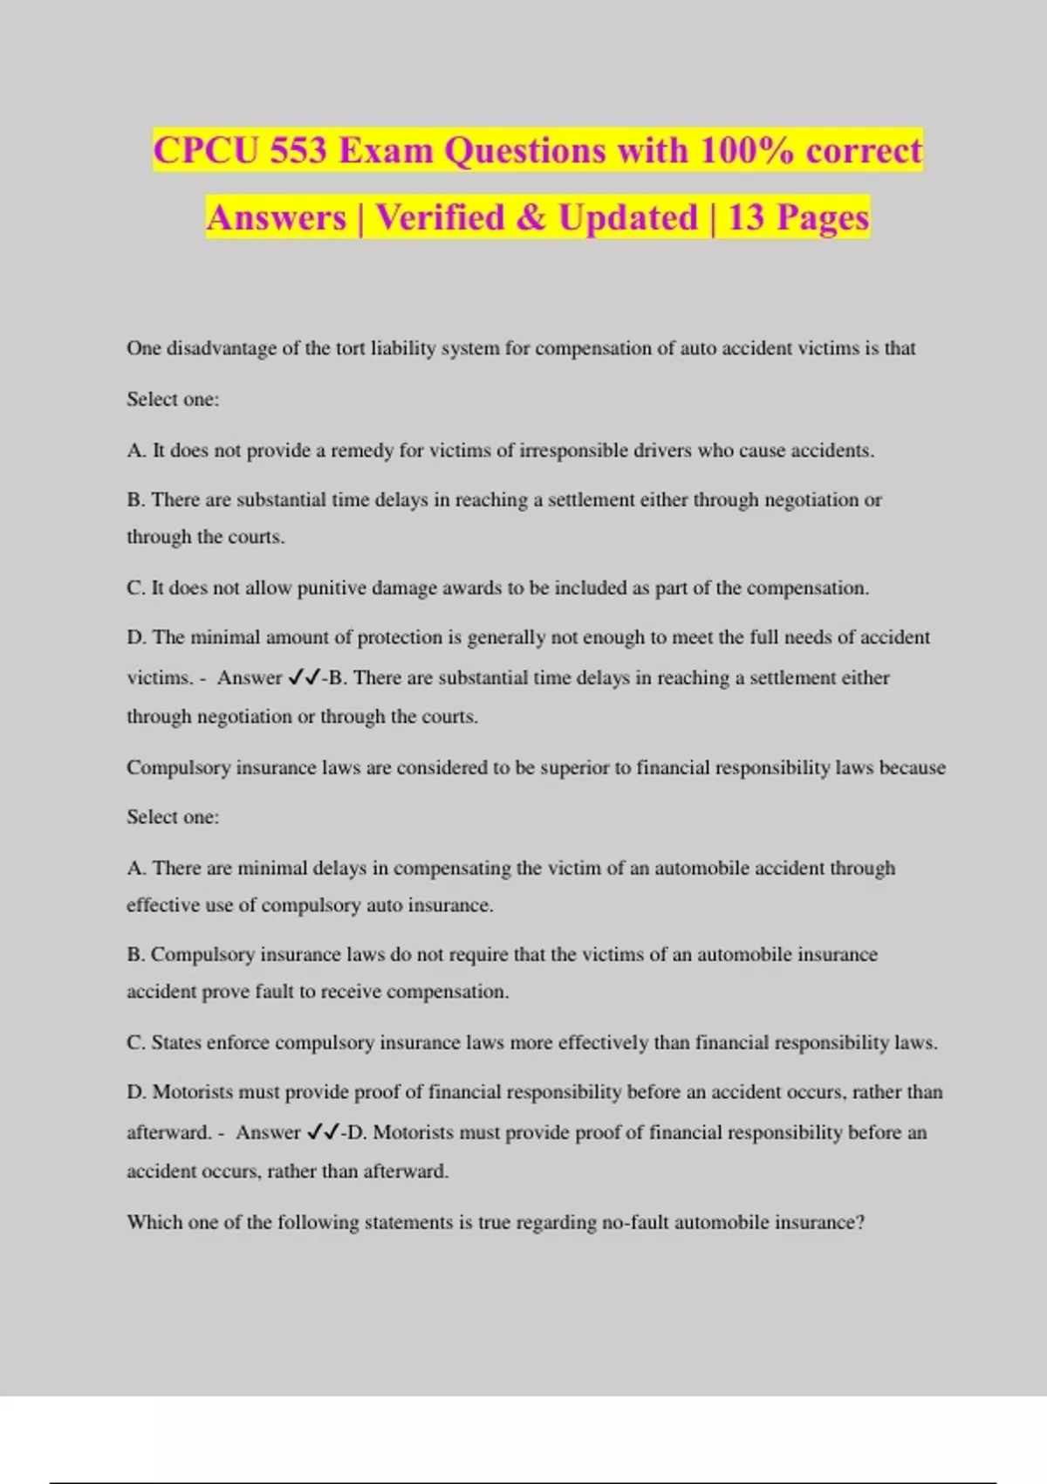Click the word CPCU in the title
(x=207, y=150)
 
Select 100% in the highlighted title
(x=747, y=150)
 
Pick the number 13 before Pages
(x=746, y=217)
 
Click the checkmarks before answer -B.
(x=305, y=677)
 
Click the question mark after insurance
(x=860, y=1222)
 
